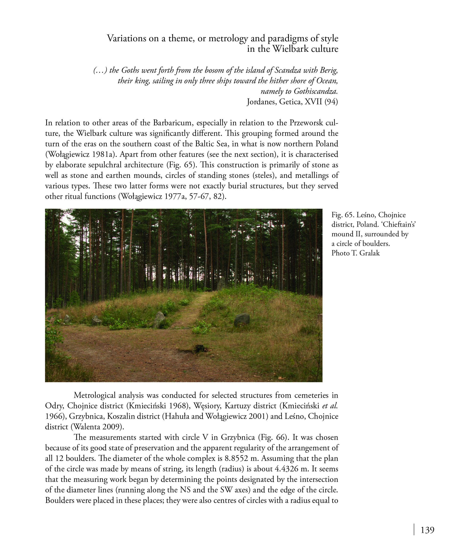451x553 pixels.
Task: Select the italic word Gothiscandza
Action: click(316, 91)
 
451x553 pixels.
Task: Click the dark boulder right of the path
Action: click(242, 320)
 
